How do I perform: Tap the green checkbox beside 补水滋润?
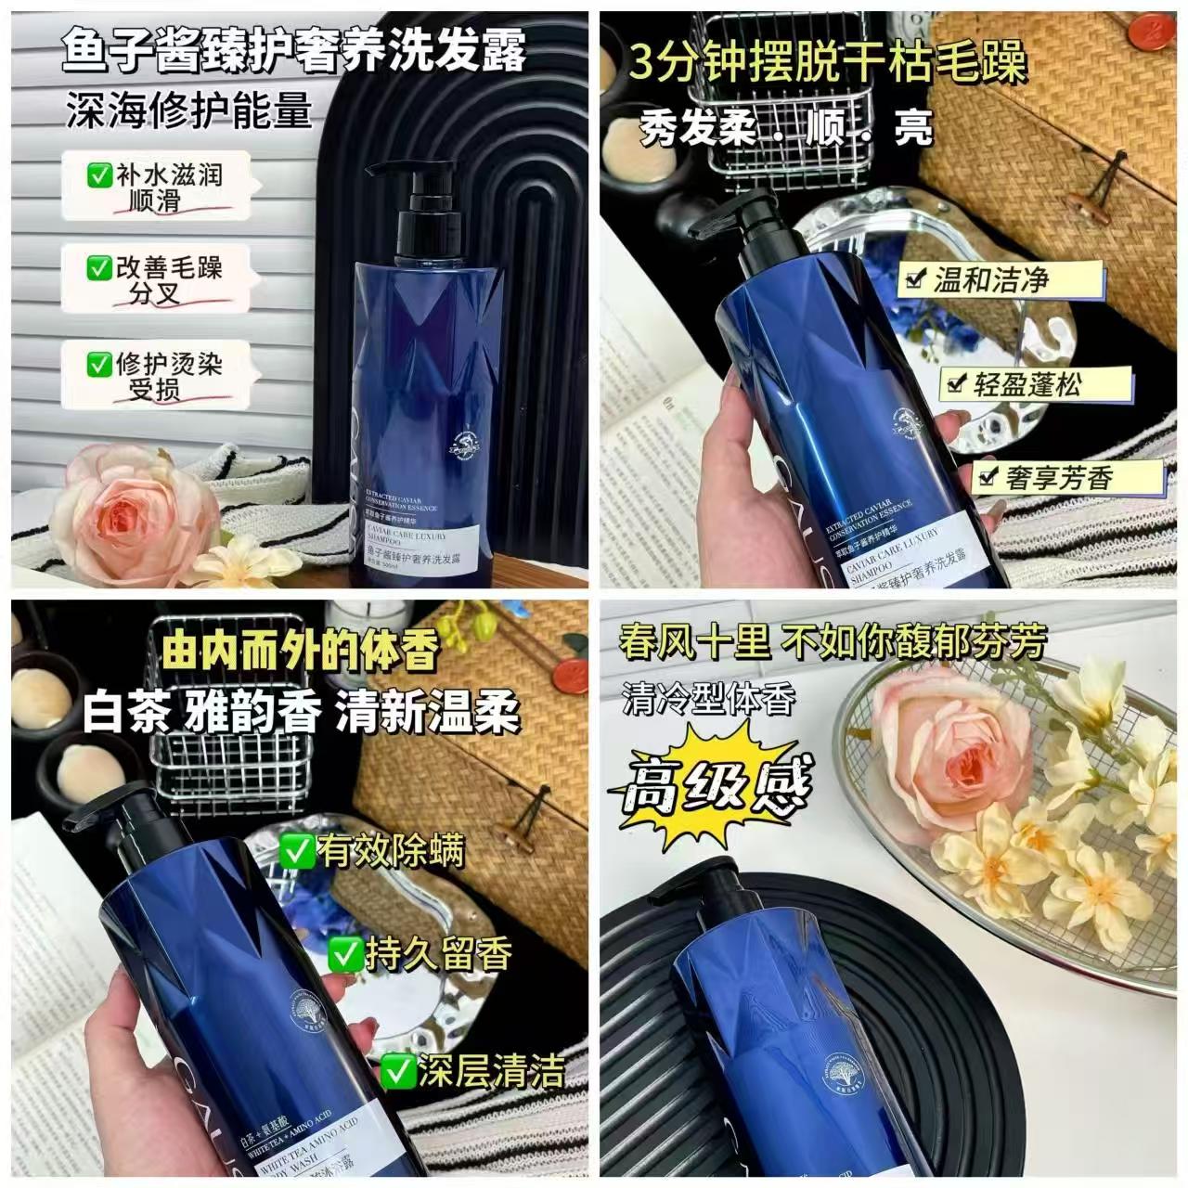coord(98,174)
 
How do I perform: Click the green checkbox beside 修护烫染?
coord(98,364)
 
